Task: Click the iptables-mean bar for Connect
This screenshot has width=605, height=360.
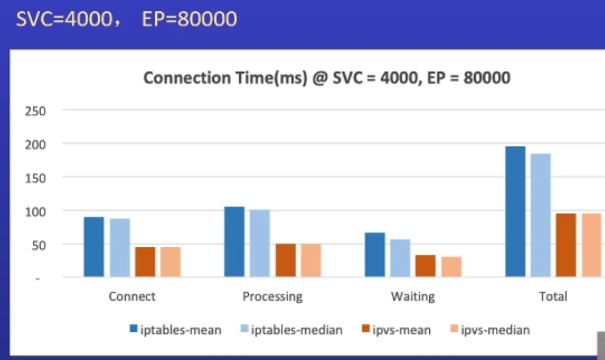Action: coord(94,247)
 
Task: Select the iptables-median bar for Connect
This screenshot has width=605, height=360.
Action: coord(120,248)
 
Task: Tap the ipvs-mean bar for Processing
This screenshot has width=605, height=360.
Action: coord(285,260)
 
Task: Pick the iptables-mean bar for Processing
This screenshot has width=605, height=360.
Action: coord(234,242)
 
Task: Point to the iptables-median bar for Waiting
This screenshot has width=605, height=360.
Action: coord(400,258)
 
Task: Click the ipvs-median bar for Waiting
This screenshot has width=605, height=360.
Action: coord(451,267)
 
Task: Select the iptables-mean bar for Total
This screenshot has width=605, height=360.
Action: coord(515,212)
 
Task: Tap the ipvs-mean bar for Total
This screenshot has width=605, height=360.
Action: coord(566,245)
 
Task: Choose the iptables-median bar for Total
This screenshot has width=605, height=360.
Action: coord(540,215)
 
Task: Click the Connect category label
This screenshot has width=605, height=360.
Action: coord(132,297)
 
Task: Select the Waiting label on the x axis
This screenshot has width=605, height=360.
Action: coord(412,297)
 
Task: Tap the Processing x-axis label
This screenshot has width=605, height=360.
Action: coord(272,297)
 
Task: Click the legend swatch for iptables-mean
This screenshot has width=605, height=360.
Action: coord(133,329)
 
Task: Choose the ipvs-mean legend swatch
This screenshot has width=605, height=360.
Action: coord(365,329)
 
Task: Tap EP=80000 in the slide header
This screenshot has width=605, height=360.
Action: coord(189,19)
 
